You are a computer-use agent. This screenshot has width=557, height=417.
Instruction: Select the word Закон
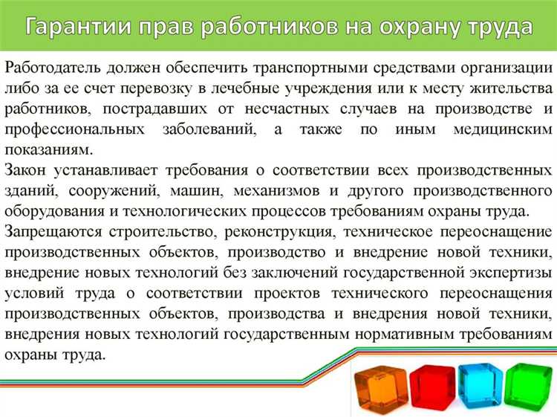click(27, 169)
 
